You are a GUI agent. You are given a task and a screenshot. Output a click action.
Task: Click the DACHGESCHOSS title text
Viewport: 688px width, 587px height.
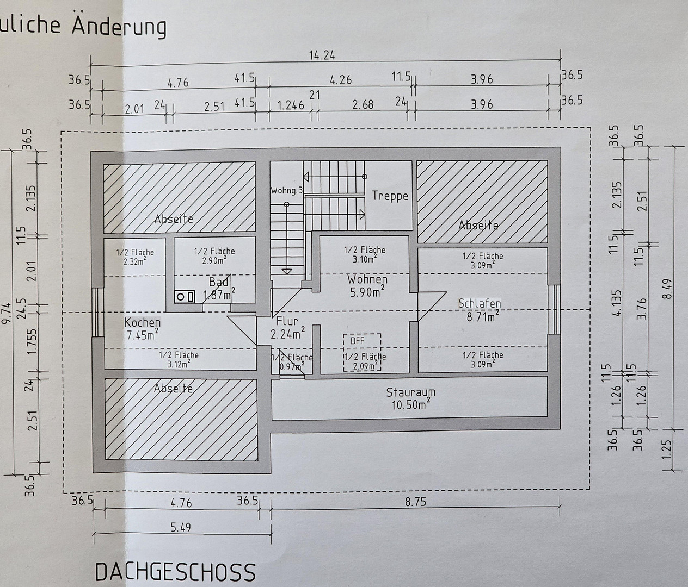tap(175, 572)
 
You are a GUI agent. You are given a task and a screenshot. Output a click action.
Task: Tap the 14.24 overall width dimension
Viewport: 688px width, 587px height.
tap(322, 55)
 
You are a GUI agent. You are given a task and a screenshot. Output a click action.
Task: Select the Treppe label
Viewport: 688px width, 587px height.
tap(390, 196)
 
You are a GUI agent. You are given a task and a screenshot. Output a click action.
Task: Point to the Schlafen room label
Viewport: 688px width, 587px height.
tap(480, 303)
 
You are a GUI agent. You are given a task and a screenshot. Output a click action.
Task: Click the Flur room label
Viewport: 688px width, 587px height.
tap(287, 321)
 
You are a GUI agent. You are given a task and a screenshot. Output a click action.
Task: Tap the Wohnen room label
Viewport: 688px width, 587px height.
tap(367, 279)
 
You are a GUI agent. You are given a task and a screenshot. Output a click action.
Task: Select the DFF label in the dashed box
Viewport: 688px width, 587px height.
tap(357, 341)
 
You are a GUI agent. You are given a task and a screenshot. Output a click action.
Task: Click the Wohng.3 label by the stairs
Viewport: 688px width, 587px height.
tap(287, 191)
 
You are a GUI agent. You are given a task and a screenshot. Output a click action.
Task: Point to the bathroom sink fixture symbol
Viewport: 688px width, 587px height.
tap(185, 297)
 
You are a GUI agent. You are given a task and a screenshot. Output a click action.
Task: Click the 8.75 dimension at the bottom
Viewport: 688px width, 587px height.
tap(415, 502)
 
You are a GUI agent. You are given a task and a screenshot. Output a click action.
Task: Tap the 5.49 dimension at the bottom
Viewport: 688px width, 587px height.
tap(181, 528)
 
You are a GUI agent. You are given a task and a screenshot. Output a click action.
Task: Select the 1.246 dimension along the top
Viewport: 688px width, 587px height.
tap(291, 105)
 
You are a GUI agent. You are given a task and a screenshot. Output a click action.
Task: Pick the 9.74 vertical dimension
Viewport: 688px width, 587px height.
tap(7, 313)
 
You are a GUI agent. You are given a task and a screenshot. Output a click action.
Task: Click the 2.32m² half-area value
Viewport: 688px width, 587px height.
tap(134, 261)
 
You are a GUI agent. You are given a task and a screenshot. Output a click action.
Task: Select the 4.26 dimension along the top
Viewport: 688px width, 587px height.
tap(341, 80)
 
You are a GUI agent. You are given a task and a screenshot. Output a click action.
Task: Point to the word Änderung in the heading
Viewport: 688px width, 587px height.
tap(119, 26)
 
